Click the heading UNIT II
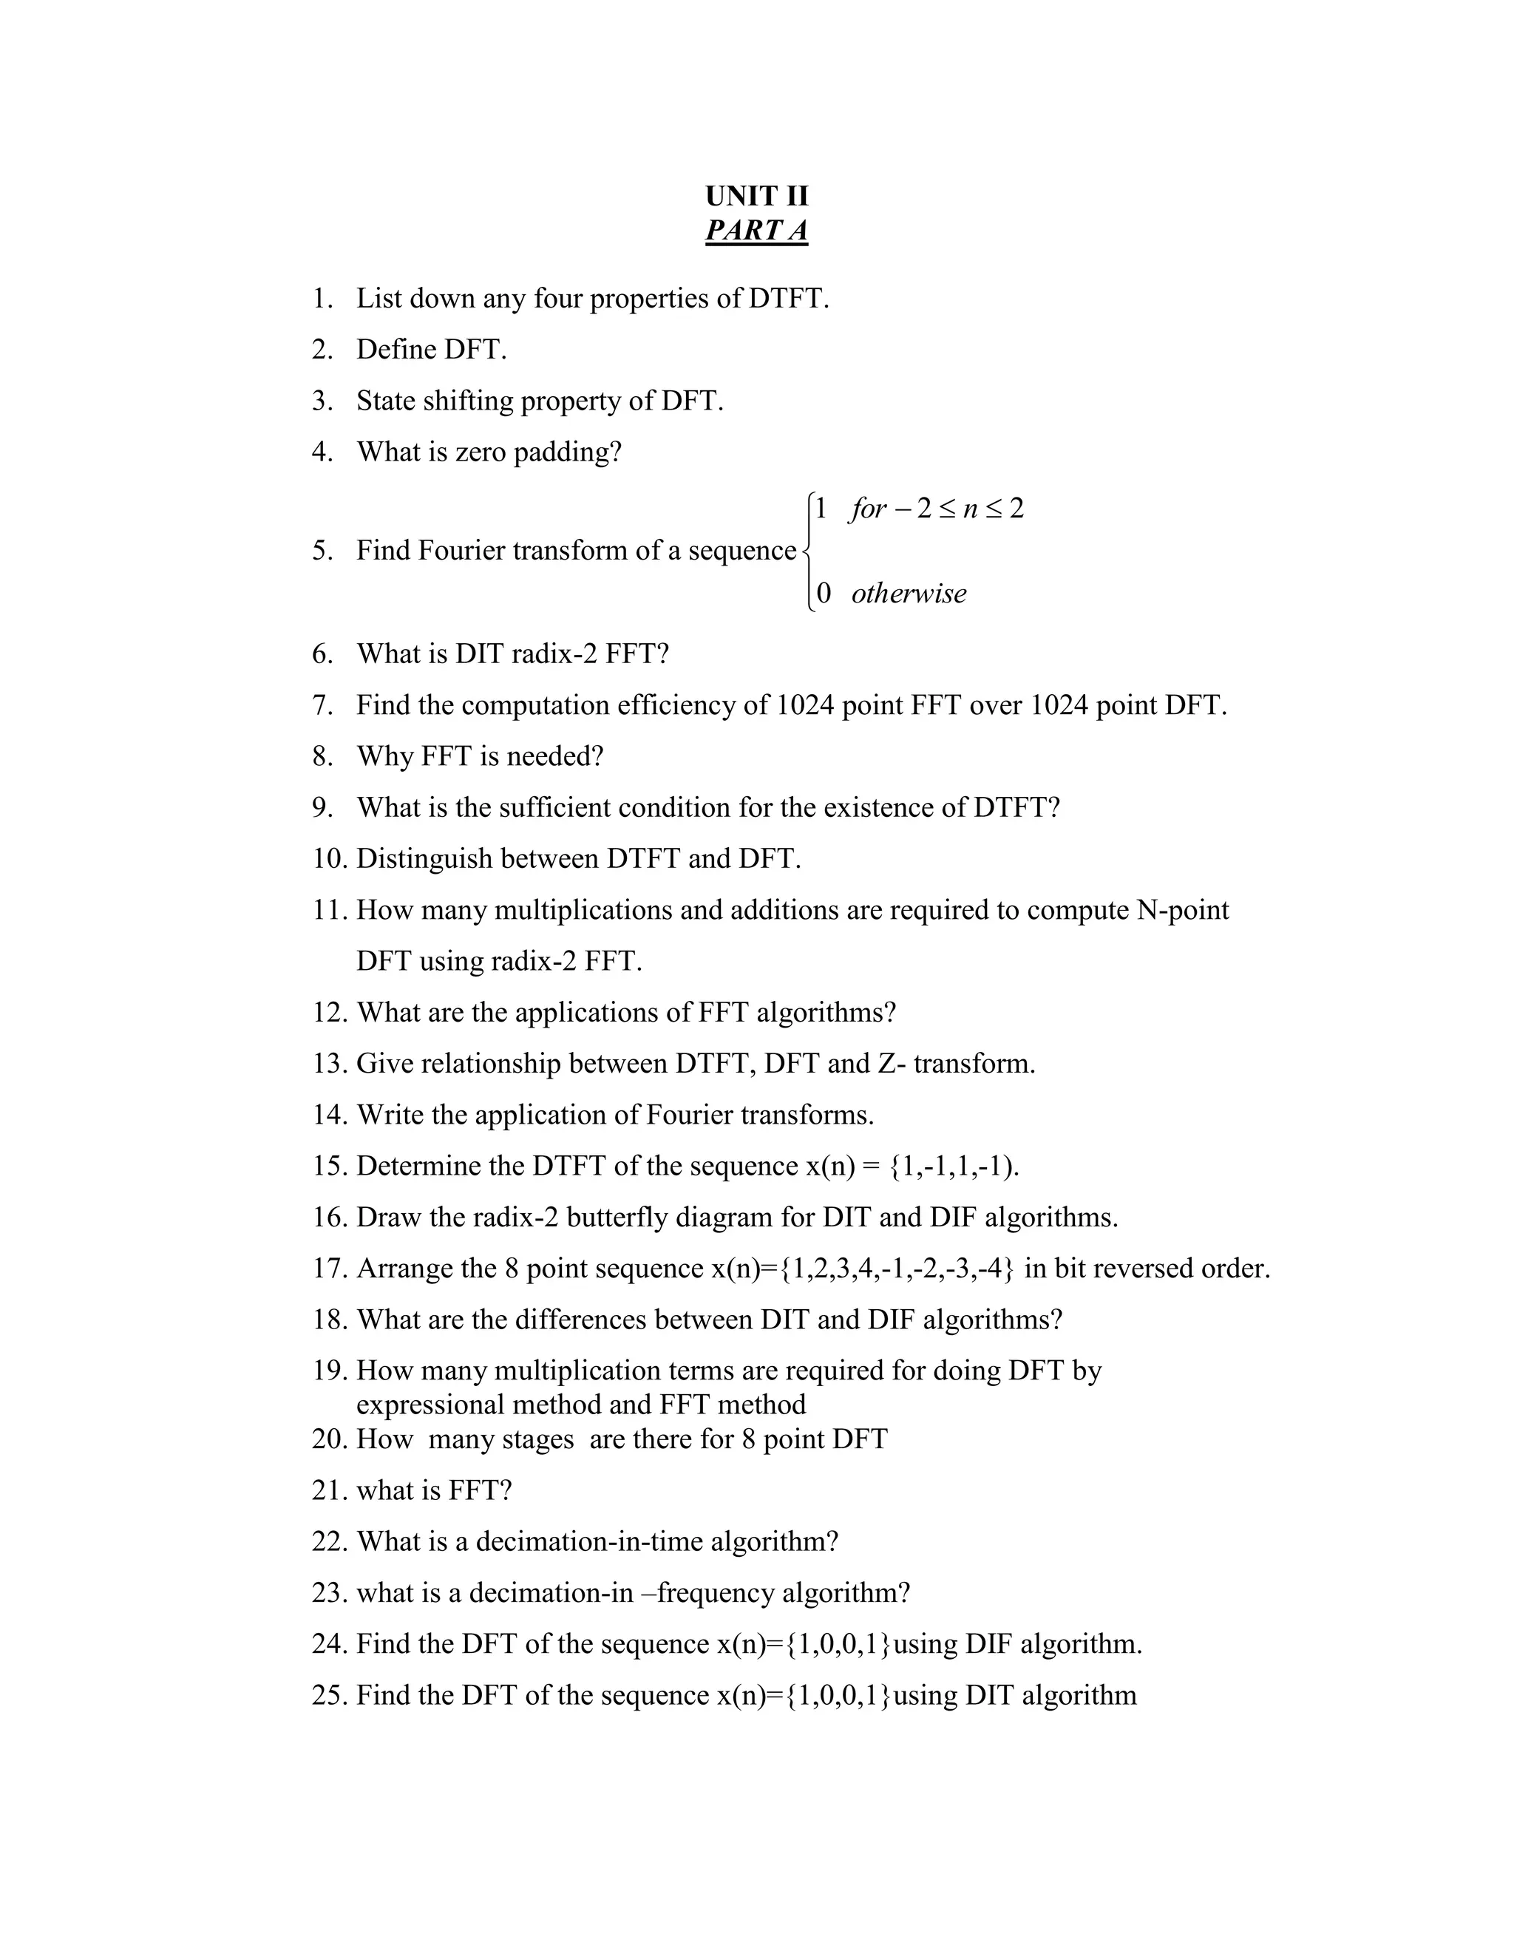pyautogui.click(x=756, y=196)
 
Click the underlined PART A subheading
pyautogui.click(x=756, y=231)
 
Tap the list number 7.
pyautogui.click(x=322, y=705)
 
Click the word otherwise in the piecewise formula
pyautogui.click(x=908, y=593)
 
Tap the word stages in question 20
pyautogui.click(x=537, y=1439)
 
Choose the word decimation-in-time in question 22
pyautogui.click(x=589, y=1541)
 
